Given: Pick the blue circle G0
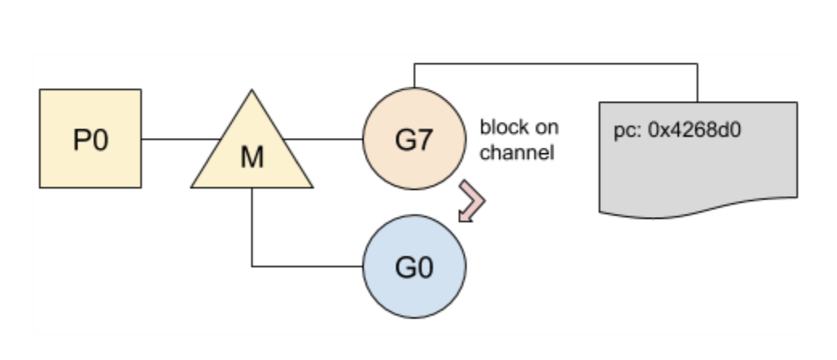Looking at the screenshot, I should (414, 266).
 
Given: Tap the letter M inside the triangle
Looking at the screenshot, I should (251, 158).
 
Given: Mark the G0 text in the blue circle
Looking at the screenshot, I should (414, 266).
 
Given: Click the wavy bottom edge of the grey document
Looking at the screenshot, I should (698, 211).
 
